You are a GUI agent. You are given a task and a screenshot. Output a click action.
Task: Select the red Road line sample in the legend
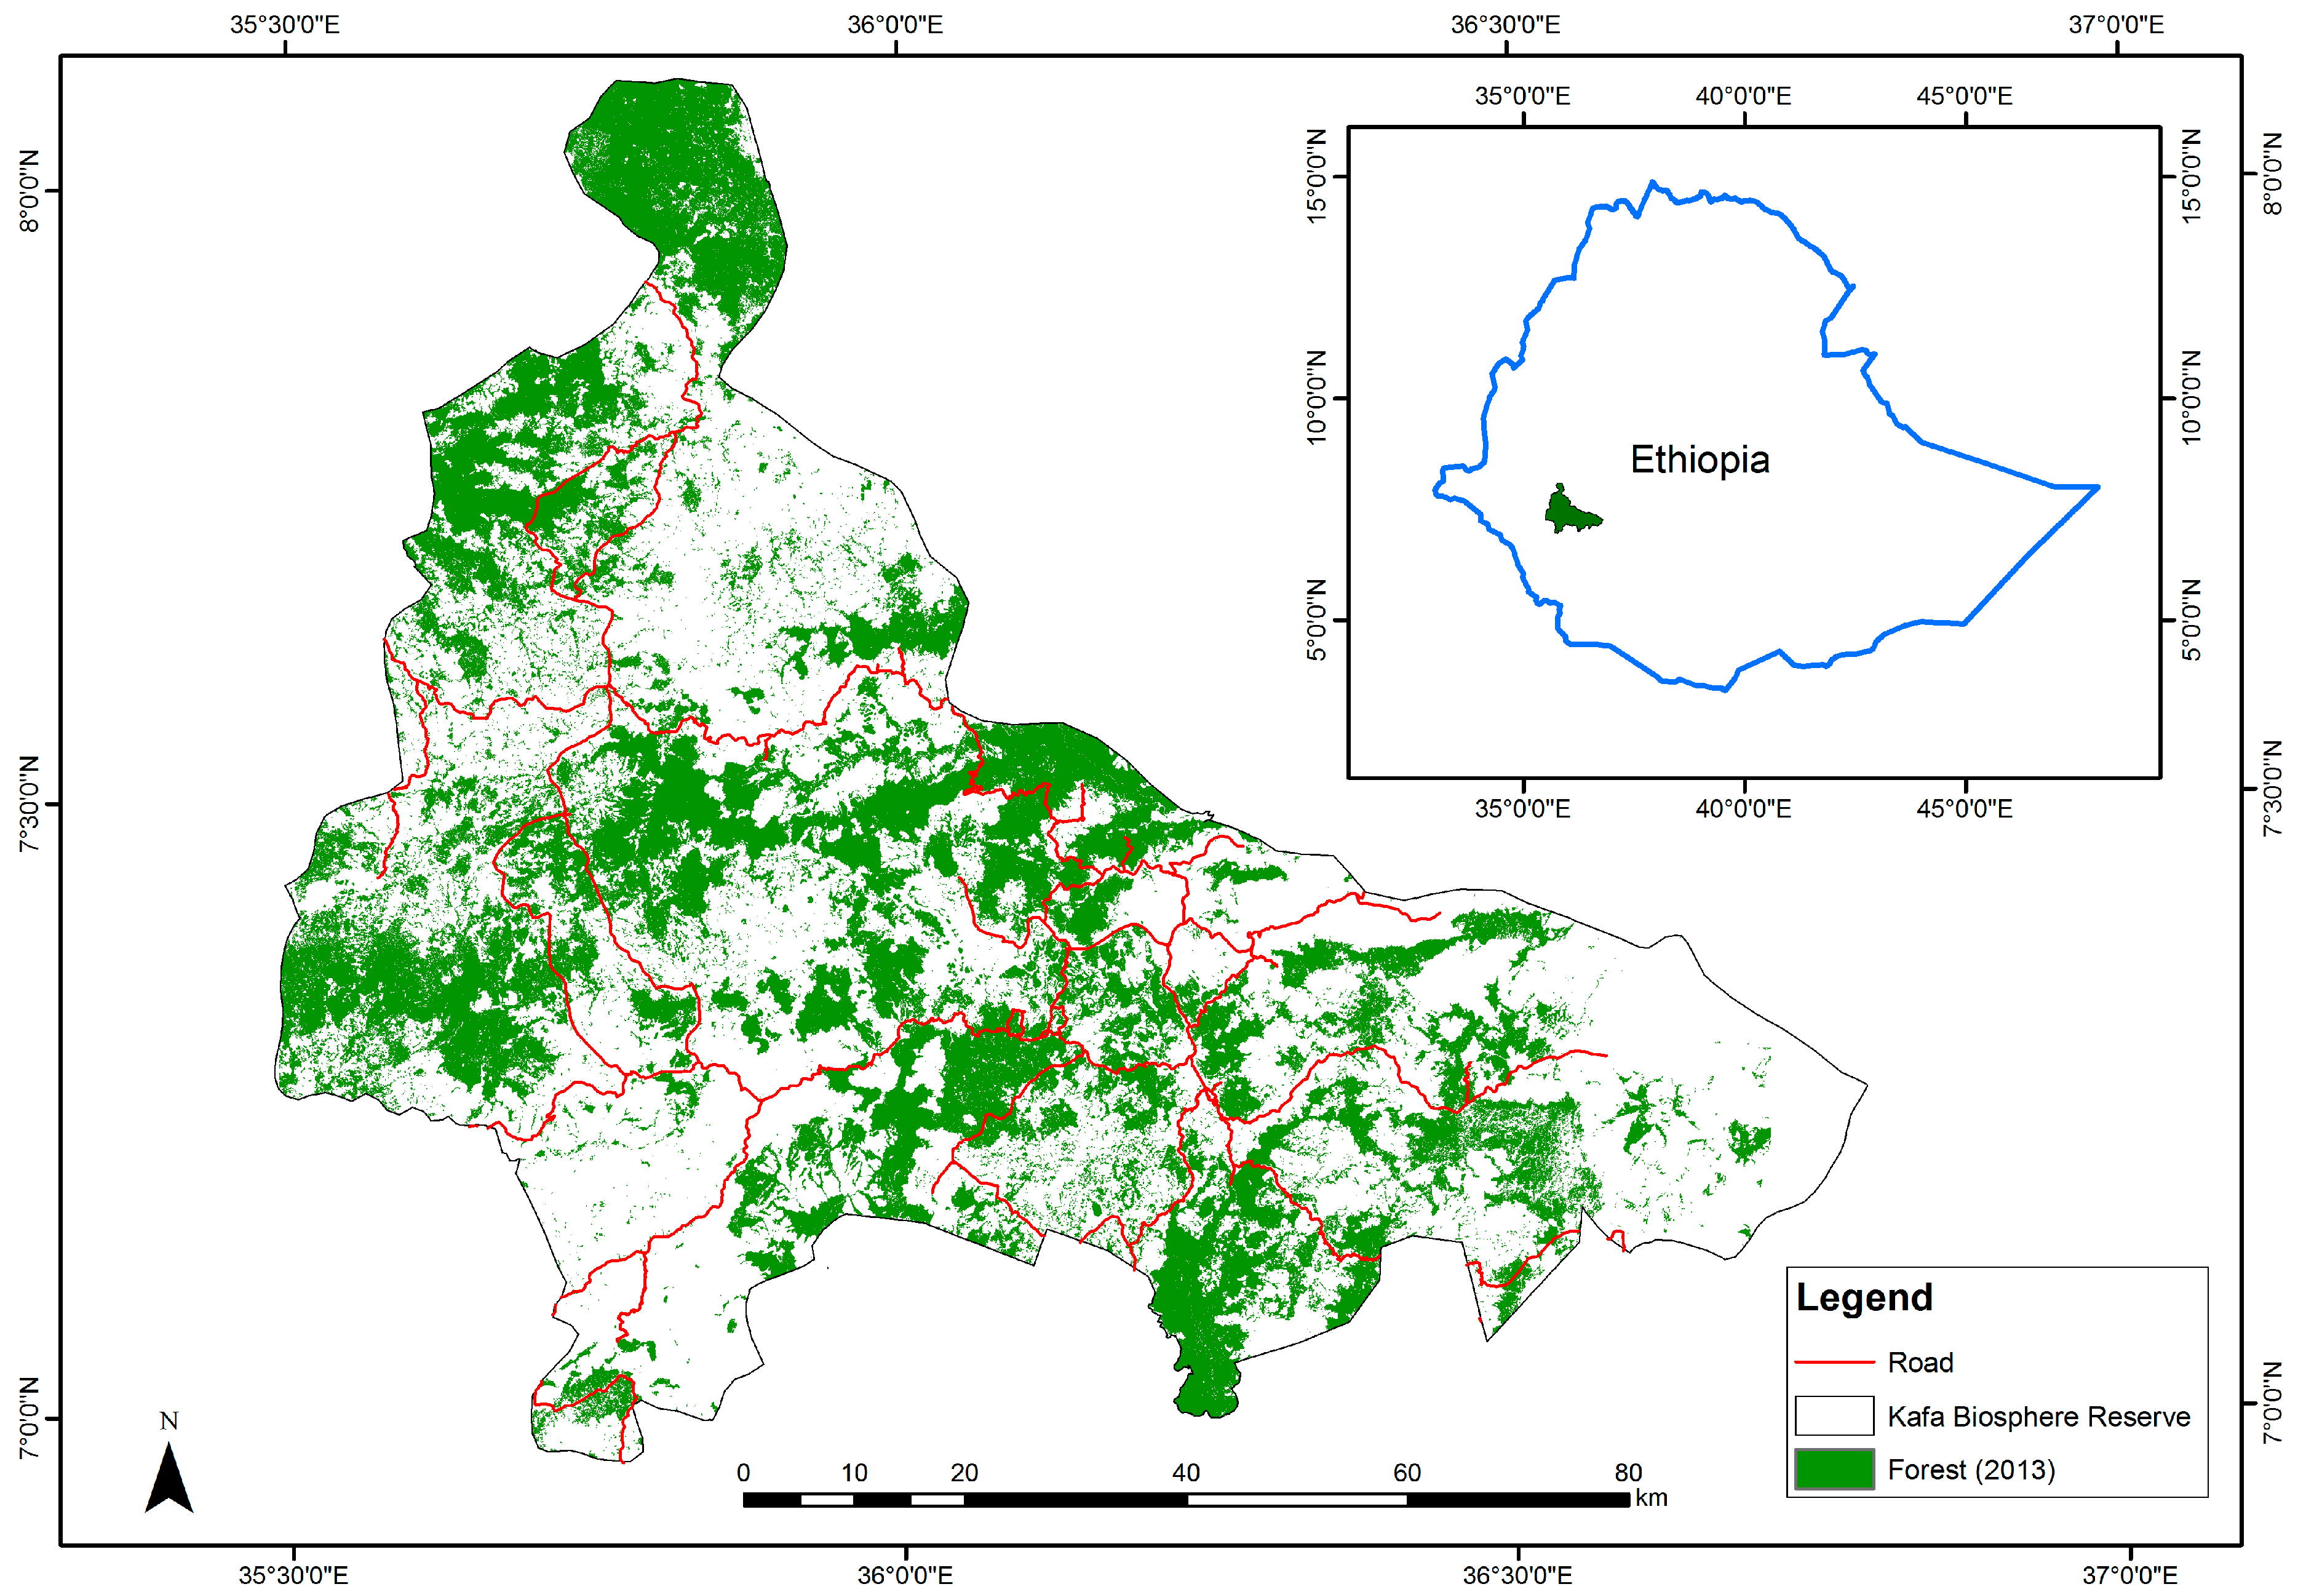1833,1361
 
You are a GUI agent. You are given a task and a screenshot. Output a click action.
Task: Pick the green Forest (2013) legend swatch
1833,1470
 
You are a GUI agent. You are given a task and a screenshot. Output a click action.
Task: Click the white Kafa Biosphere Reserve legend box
1833,1415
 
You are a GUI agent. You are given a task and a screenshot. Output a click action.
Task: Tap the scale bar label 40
1185,1472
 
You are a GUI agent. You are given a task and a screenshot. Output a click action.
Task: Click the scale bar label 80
1628,1472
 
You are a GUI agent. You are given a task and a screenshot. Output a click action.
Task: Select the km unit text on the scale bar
1651,1498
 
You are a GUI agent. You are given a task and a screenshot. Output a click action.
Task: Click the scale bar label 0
743,1472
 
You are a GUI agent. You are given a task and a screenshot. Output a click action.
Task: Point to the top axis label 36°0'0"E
895,24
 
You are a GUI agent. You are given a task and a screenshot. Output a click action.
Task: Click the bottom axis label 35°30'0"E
293,1575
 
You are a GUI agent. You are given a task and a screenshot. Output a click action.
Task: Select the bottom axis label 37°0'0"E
2129,1575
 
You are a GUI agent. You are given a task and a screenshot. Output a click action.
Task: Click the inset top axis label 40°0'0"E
1743,96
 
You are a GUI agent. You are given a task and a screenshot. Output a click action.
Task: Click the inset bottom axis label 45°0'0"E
1964,808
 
